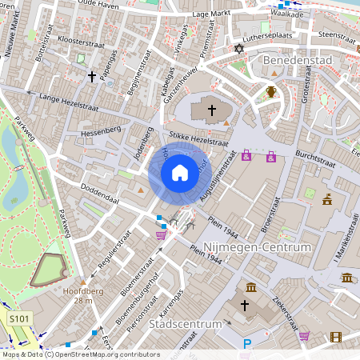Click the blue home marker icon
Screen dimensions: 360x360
(179, 172)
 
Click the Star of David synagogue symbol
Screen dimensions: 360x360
(237, 50)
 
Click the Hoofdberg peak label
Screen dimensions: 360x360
(81, 292)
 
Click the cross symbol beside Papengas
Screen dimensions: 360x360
(92, 77)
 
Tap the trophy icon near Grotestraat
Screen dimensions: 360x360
(272, 91)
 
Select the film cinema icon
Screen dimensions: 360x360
(335, 336)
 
